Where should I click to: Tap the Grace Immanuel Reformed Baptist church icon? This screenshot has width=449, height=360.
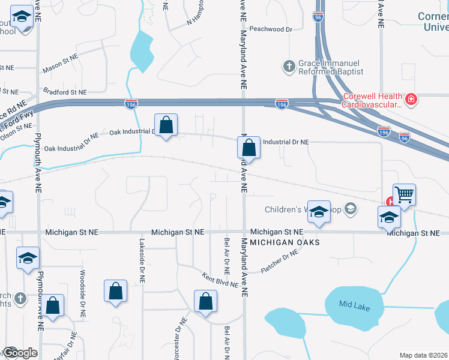(289, 66)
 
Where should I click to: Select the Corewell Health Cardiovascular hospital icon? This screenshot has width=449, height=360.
(411, 99)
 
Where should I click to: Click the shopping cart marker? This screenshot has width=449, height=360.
(404, 194)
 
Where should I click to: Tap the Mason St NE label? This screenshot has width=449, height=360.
(61, 65)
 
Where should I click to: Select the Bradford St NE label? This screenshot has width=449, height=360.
(65, 92)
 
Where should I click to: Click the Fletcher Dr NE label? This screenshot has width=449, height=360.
(280, 262)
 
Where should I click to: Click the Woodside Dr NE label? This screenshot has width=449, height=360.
(82, 293)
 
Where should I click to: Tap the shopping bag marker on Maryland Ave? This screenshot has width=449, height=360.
(249, 147)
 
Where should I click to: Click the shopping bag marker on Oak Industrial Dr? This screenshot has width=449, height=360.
(167, 125)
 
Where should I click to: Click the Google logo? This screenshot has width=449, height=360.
(19, 353)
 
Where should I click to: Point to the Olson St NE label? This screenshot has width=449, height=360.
(16, 127)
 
